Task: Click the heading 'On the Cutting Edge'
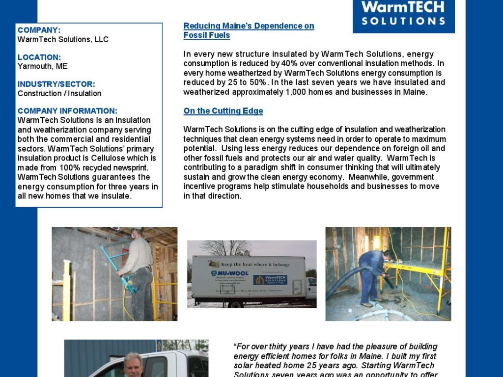pyautogui.click(x=223, y=111)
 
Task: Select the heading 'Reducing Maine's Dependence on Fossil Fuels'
pyautogui.click(x=249, y=30)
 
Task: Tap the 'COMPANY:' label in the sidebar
pyautogui.click(x=39, y=30)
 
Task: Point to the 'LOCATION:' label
pyautogui.click(x=39, y=57)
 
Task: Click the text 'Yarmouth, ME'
pyautogui.click(x=43, y=66)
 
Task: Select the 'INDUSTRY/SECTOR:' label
pyautogui.click(x=56, y=84)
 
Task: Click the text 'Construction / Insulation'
pyautogui.click(x=59, y=93)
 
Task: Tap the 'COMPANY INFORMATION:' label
pyautogui.click(x=67, y=111)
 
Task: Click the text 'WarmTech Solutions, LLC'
pyautogui.click(x=63, y=39)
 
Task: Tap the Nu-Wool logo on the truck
pyautogui.click(x=230, y=273)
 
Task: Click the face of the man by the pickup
pyautogui.click(x=133, y=364)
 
